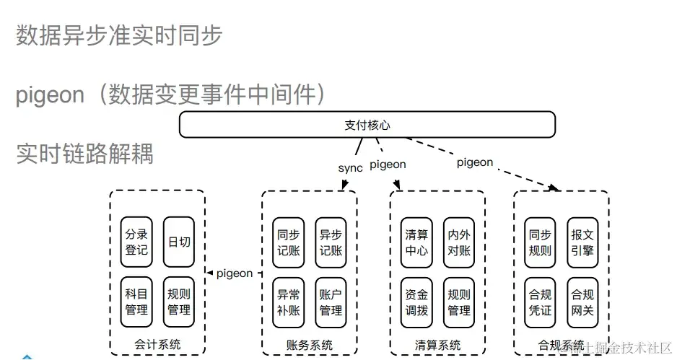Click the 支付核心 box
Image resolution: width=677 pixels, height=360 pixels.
pyautogui.click(x=367, y=125)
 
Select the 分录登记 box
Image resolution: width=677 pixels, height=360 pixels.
pyautogui.click(x=136, y=242)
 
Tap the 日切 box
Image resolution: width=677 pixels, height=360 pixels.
pyautogui.click(x=179, y=242)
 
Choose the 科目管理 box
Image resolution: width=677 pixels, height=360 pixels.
pyautogui.click(x=136, y=302)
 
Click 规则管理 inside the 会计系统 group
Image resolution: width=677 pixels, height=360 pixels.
pyautogui.click(x=179, y=302)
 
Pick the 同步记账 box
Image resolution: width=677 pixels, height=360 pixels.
pyautogui.click(x=288, y=242)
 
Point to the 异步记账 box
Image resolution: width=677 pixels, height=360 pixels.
pyautogui.click(x=331, y=242)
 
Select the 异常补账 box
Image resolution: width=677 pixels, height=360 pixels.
pyautogui.click(x=288, y=302)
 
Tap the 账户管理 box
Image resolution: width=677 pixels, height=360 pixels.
pyautogui.click(x=331, y=302)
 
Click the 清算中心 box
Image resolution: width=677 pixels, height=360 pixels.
pyautogui.click(x=416, y=242)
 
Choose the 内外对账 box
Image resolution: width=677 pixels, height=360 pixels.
pyautogui.click(x=459, y=242)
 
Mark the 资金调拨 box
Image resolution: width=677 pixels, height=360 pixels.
pyautogui.click(x=416, y=302)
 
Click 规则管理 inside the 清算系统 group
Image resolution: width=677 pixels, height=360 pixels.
pyautogui.click(x=459, y=302)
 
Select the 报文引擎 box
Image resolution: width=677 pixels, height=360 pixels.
pyautogui.click(x=582, y=242)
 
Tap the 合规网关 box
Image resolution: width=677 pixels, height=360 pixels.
pyautogui.click(x=582, y=302)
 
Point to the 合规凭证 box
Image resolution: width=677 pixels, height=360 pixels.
pyautogui.click(x=540, y=302)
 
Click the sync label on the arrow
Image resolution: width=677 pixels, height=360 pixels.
pyautogui.click(x=350, y=168)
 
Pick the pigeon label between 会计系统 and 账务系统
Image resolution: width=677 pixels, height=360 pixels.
pyautogui.click(x=234, y=273)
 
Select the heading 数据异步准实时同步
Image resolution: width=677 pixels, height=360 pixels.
pyautogui.click(x=119, y=35)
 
